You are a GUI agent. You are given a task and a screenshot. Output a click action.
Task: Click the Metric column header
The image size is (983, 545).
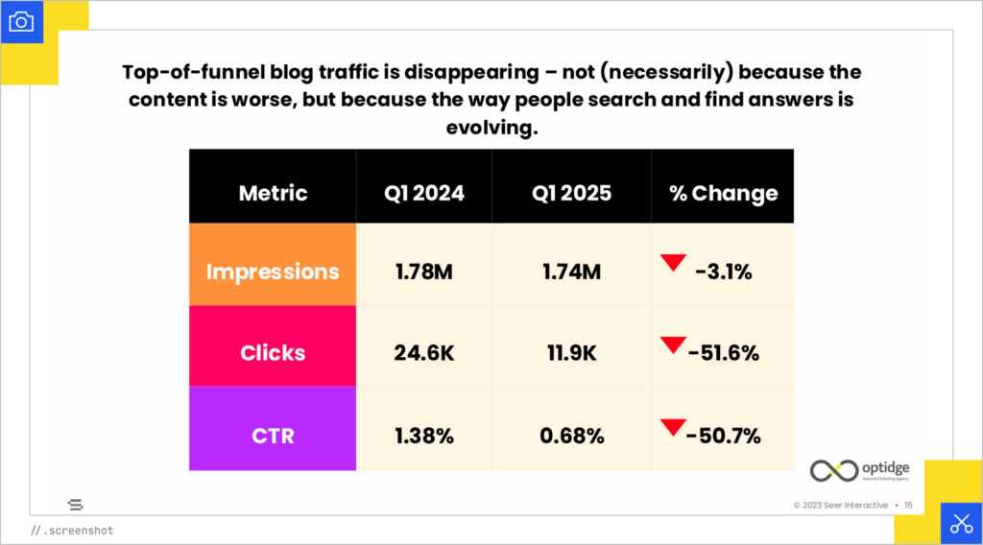[x=273, y=193]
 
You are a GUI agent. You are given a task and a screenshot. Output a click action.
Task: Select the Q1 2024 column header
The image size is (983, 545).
[x=423, y=193]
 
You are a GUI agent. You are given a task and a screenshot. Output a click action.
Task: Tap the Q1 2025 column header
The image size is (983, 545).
[x=571, y=193]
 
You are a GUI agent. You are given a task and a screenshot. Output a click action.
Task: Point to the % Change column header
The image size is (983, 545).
[x=723, y=193]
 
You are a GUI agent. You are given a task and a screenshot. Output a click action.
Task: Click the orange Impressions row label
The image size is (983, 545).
[x=273, y=272]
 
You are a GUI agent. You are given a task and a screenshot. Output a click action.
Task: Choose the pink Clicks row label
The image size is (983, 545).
[x=273, y=352]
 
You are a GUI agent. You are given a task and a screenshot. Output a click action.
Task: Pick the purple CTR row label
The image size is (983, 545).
[x=273, y=436]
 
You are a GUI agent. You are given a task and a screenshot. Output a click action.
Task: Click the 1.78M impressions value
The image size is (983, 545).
[x=423, y=272]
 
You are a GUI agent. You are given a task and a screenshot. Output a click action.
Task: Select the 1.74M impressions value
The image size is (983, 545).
[x=571, y=272]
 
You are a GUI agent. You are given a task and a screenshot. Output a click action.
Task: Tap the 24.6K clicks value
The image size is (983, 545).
[x=423, y=353]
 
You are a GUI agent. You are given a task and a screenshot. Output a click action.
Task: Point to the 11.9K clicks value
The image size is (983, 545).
[x=571, y=353]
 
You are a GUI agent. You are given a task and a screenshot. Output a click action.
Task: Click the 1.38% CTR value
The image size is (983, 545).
[x=423, y=436]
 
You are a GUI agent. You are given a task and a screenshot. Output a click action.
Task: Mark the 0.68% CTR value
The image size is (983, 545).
[x=571, y=436]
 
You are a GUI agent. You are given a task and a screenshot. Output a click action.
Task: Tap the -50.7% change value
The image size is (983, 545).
[x=723, y=437]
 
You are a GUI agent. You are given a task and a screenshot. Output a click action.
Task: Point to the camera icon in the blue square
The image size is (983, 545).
[x=21, y=21]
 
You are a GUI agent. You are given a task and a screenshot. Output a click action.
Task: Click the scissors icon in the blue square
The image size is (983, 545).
[x=961, y=523]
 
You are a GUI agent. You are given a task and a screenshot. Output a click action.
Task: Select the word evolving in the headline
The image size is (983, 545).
[x=491, y=128]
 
